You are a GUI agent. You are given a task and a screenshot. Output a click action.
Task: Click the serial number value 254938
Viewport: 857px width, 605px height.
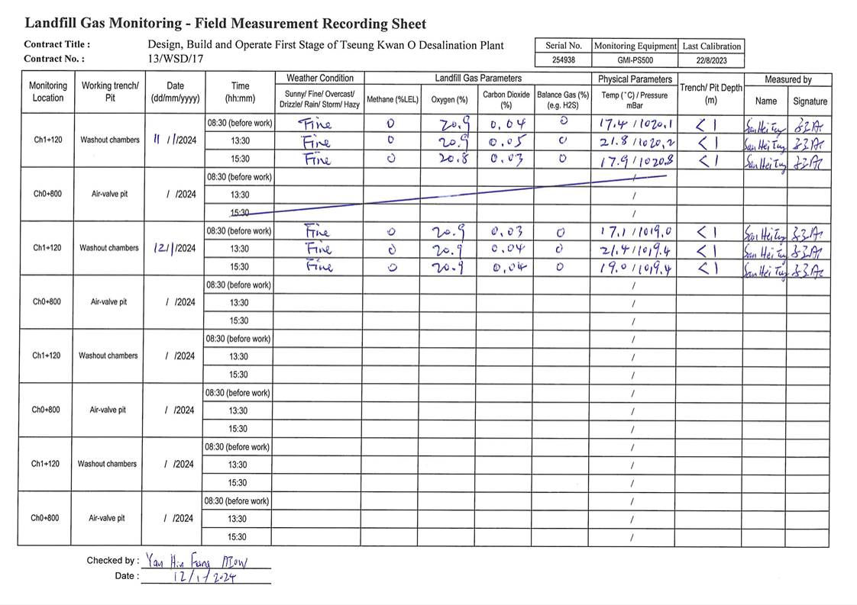click(x=563, y=60)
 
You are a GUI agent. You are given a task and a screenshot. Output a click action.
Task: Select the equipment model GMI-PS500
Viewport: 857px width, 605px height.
click(x=635, y=60)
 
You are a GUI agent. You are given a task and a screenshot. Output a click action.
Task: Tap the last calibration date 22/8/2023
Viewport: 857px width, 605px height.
click(x=711, y=60)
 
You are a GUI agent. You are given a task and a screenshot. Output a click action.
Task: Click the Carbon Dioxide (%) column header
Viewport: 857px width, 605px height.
click(x=506, y=100)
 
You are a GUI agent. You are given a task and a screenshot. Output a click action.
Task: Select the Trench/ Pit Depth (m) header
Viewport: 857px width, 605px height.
click(x=710, y=94)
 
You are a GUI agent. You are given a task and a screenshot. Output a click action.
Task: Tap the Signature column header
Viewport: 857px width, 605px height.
click(x=810, y=101)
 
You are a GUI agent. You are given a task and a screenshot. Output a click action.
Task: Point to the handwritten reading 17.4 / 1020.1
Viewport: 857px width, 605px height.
click(x=633, y=123)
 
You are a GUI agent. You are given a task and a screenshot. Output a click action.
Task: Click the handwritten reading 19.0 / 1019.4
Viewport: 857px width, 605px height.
click(x=633, y=268)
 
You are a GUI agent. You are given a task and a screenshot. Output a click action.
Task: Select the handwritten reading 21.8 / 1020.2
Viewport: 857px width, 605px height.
click(x=634, y=142)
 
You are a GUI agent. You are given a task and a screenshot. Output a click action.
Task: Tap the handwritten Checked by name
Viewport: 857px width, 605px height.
click(x=197, y=561)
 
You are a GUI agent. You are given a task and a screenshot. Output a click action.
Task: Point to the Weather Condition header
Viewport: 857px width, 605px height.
click(x=319, y=79)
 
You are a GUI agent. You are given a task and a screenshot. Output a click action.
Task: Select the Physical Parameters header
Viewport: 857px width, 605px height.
click(x=635, y=79)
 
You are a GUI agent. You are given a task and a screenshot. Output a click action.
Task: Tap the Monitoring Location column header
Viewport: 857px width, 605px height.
click(x=47, y=92)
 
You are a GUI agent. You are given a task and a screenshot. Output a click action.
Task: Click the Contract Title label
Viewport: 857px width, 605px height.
click(x=57, y=44)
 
